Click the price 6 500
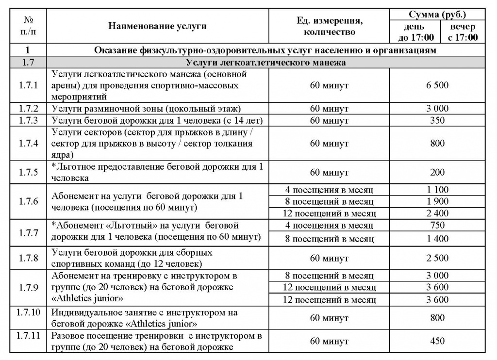pos(437,85)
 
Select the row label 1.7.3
pos(29,120)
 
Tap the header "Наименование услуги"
pos(157,26)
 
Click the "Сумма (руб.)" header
pos(438,15)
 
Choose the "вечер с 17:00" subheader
pos(463,32)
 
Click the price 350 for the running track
pos(437,120)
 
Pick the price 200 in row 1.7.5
pos(437,172)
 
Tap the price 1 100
pos(437,190)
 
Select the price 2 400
pos(437,213)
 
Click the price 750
pos(437,226)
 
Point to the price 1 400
pos(437,238)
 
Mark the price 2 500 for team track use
pos(437,258)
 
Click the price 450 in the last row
pos(437,341)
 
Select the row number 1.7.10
pos(30,312)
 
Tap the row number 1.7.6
pos(29,201)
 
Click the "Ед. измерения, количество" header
pos(330,26)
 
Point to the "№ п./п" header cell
pos(28,26)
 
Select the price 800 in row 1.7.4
pos(437,144)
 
